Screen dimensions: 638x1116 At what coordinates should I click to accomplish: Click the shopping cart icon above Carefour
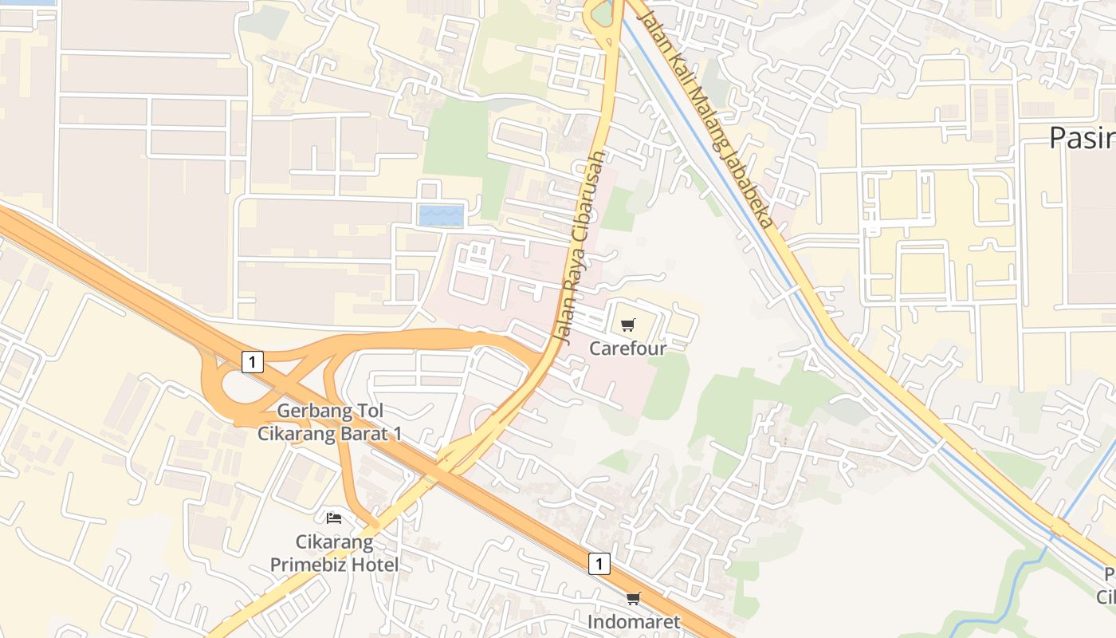point(628,325)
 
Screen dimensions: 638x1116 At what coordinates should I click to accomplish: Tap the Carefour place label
point(627,349)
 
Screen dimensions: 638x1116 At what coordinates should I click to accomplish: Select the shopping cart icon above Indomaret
point(633,598)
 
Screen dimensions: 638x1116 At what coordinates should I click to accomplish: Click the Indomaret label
point(634,621)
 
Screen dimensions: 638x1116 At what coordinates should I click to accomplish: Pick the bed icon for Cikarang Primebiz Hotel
point(334,518)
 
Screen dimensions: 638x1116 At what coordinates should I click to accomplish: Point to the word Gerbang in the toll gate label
point(309,412)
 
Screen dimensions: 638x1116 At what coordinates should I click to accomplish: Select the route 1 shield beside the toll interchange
point(252,362)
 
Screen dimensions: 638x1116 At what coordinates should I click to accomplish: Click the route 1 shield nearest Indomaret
point(599,564)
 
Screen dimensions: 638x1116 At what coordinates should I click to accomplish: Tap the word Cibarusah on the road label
point(589,197)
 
